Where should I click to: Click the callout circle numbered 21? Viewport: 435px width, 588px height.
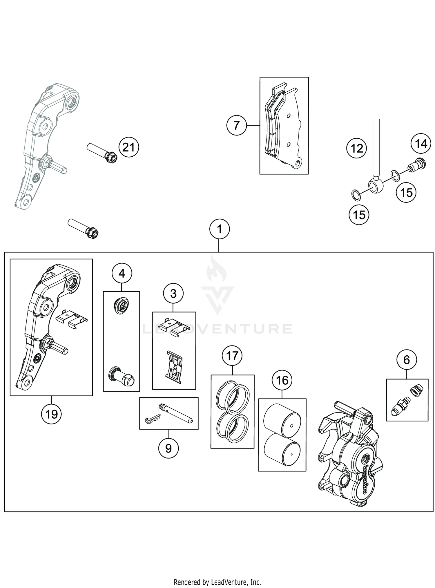point(129,147)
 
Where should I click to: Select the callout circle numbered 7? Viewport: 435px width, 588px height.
point(237,126)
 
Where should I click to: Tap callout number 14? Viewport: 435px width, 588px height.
point(421,144)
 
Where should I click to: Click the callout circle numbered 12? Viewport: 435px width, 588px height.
point(357,148)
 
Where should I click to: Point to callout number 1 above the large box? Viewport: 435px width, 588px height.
point(220,229)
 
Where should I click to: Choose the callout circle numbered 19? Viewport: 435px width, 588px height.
point(51,414)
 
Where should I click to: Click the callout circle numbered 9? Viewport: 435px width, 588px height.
point(168,448)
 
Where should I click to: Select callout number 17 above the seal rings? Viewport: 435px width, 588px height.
point(232,356)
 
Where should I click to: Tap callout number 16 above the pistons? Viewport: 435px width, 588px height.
point(282,380)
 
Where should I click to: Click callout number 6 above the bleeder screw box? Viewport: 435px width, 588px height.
point(407,360)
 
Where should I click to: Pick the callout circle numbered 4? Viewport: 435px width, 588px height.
point(122,273)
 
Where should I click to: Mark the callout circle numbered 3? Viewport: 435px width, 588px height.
point(173,294)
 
